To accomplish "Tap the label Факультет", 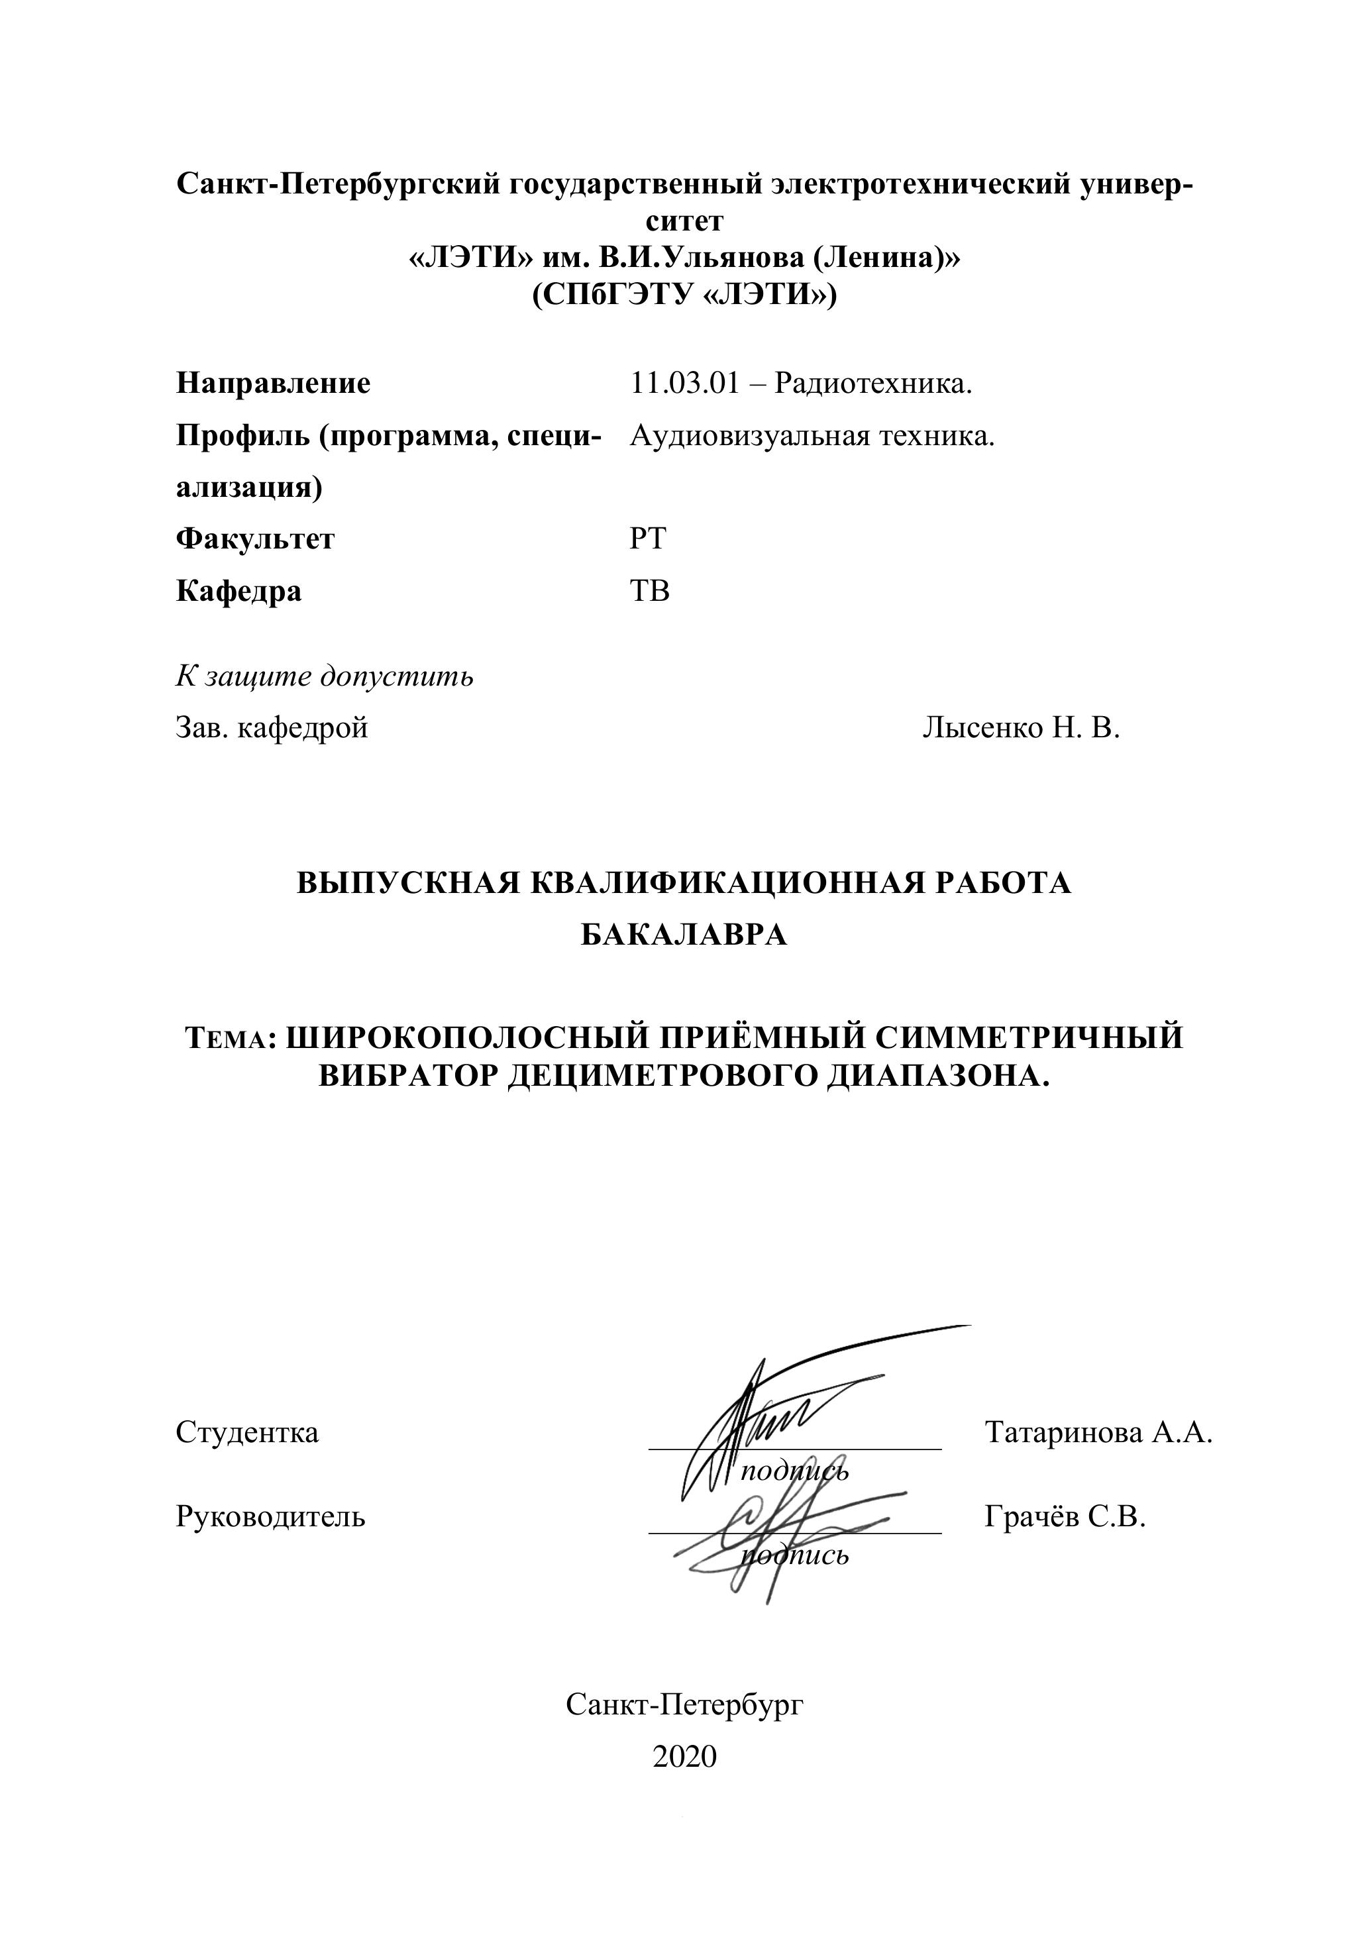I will tap(255, 539).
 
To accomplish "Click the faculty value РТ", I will tap(648, 539).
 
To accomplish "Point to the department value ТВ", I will tap(650, 590).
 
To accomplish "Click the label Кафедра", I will tap(238, 590).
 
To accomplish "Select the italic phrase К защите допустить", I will tap(324, 676).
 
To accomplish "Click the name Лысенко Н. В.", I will tap(1021, 727).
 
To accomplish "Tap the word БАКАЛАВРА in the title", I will tap(684, 935).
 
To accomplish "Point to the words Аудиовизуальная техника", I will tap(812, 436).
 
